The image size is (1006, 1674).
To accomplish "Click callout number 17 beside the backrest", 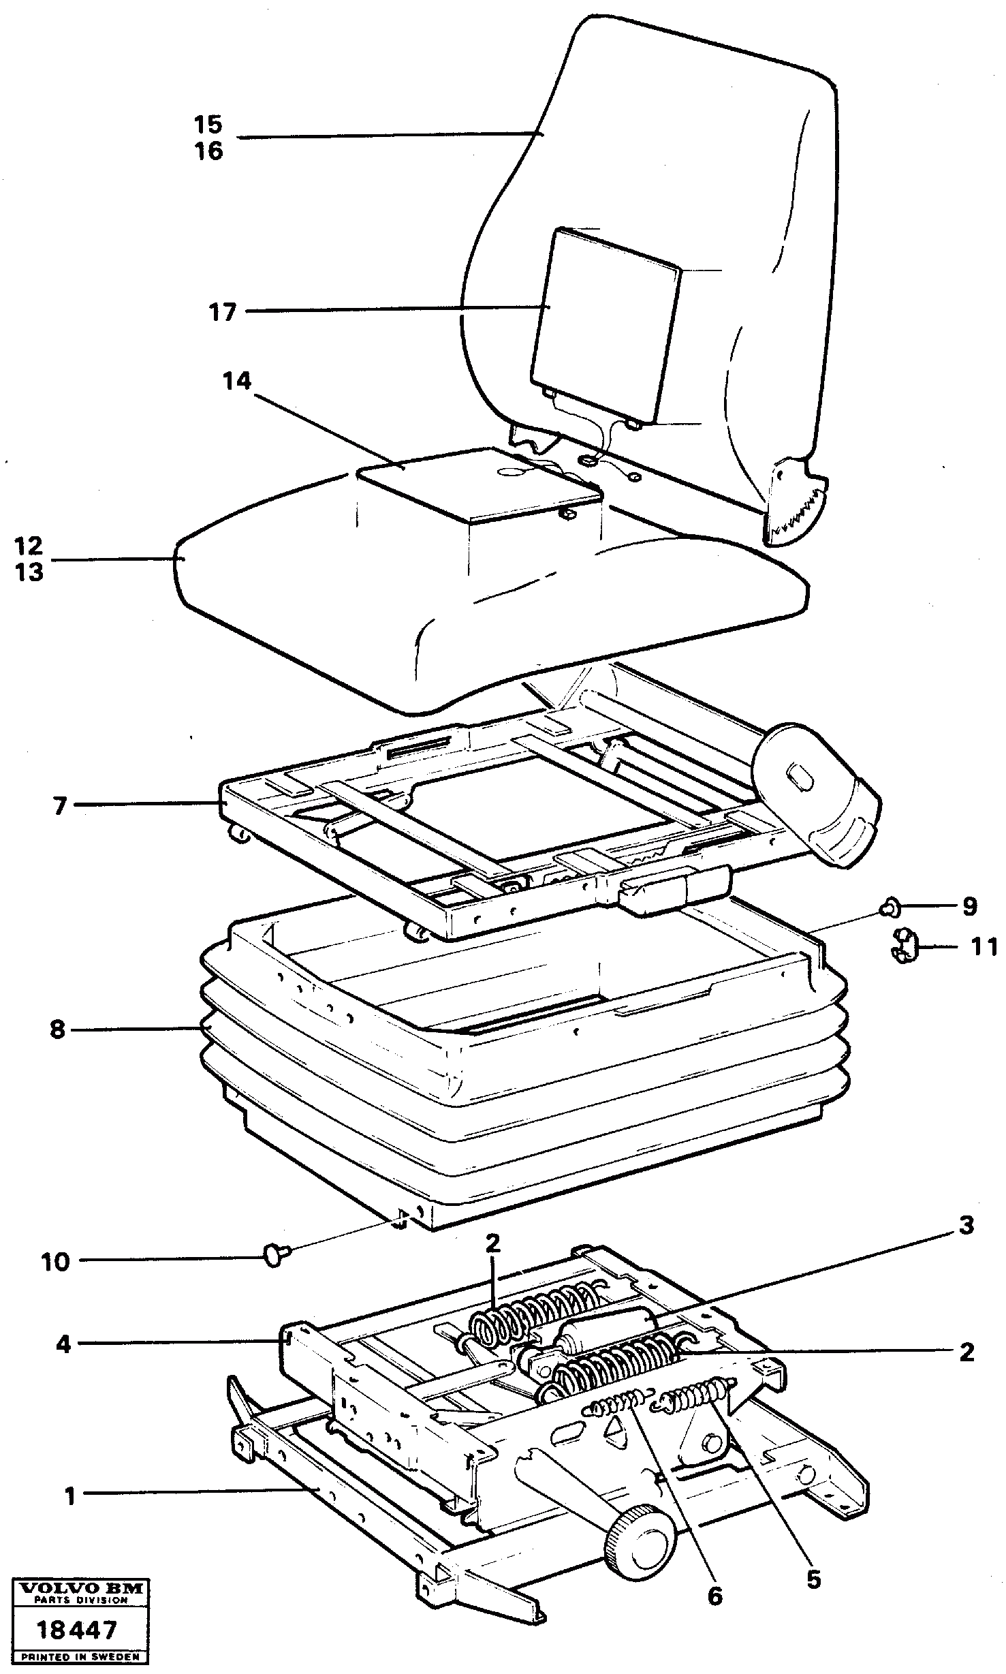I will click(x=222, y=313).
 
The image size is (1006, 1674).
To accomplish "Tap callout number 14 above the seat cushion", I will click(x=236, y=382).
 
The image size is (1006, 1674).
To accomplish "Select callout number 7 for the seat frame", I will click(x=60, y=806).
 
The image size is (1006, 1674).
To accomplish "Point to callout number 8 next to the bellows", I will click(x=57, y=1029).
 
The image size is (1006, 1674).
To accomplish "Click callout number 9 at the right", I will click(x=969, y=907).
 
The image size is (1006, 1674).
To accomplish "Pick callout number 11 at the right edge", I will click(x=984, y=946).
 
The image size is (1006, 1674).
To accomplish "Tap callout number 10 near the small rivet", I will click(x=56, y=1262).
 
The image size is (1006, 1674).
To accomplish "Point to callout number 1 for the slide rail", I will click(x=69, y=1496).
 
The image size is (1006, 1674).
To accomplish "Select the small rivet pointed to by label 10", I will click(x=275, y=1254).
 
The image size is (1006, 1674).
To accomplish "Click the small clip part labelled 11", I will click(x=903, y=947).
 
